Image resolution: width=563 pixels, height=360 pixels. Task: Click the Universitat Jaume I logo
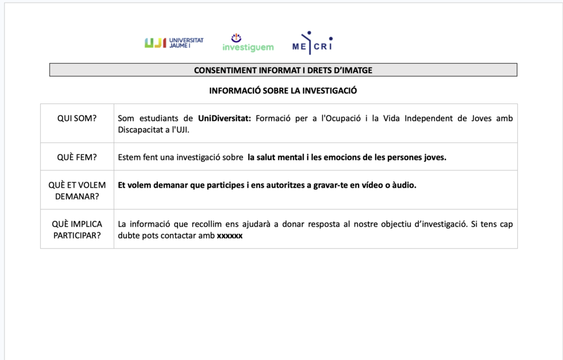click(174, 43)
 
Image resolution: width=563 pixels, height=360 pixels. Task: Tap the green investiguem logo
click(247, 43)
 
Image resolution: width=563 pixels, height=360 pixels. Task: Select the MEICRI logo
click(312, 43)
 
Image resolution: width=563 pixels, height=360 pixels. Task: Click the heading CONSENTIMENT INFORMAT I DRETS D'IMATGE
click(283, 70)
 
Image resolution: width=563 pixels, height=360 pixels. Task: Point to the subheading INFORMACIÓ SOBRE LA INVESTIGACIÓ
click(283, 91)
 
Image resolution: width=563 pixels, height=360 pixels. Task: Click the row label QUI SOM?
click(77, 118)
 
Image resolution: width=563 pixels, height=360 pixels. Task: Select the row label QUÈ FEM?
click(77, 157)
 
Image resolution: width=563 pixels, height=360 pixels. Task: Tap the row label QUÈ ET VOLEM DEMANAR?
click(77, 190)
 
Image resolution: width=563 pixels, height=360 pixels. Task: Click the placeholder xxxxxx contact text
click(230, 236)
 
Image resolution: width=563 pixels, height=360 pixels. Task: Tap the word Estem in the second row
click(129, 157)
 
